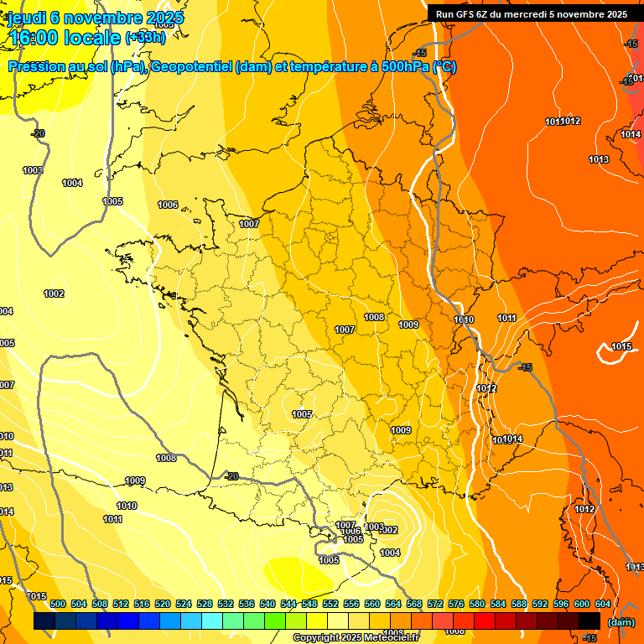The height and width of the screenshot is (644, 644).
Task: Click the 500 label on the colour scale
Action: point(58,604)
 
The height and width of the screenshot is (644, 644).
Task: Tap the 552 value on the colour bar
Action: point(330,604)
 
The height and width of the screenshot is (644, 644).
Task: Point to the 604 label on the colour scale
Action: point(603,604)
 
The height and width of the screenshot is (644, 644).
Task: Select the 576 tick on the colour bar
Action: point(456,604)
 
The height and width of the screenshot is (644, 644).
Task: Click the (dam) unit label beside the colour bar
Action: point(621,621)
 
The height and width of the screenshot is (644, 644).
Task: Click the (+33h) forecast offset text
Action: point(144,37)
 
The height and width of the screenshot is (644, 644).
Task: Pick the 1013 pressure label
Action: point(599,159)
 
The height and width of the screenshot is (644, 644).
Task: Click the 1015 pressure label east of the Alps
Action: point(621,346)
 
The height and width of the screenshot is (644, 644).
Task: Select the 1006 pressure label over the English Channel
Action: point(168,205)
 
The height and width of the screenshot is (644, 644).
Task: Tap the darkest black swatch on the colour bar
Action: point(589,621)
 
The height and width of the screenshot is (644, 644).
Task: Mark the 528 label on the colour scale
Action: point(205,604)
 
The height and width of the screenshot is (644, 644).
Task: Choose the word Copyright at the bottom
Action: point(317,638)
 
